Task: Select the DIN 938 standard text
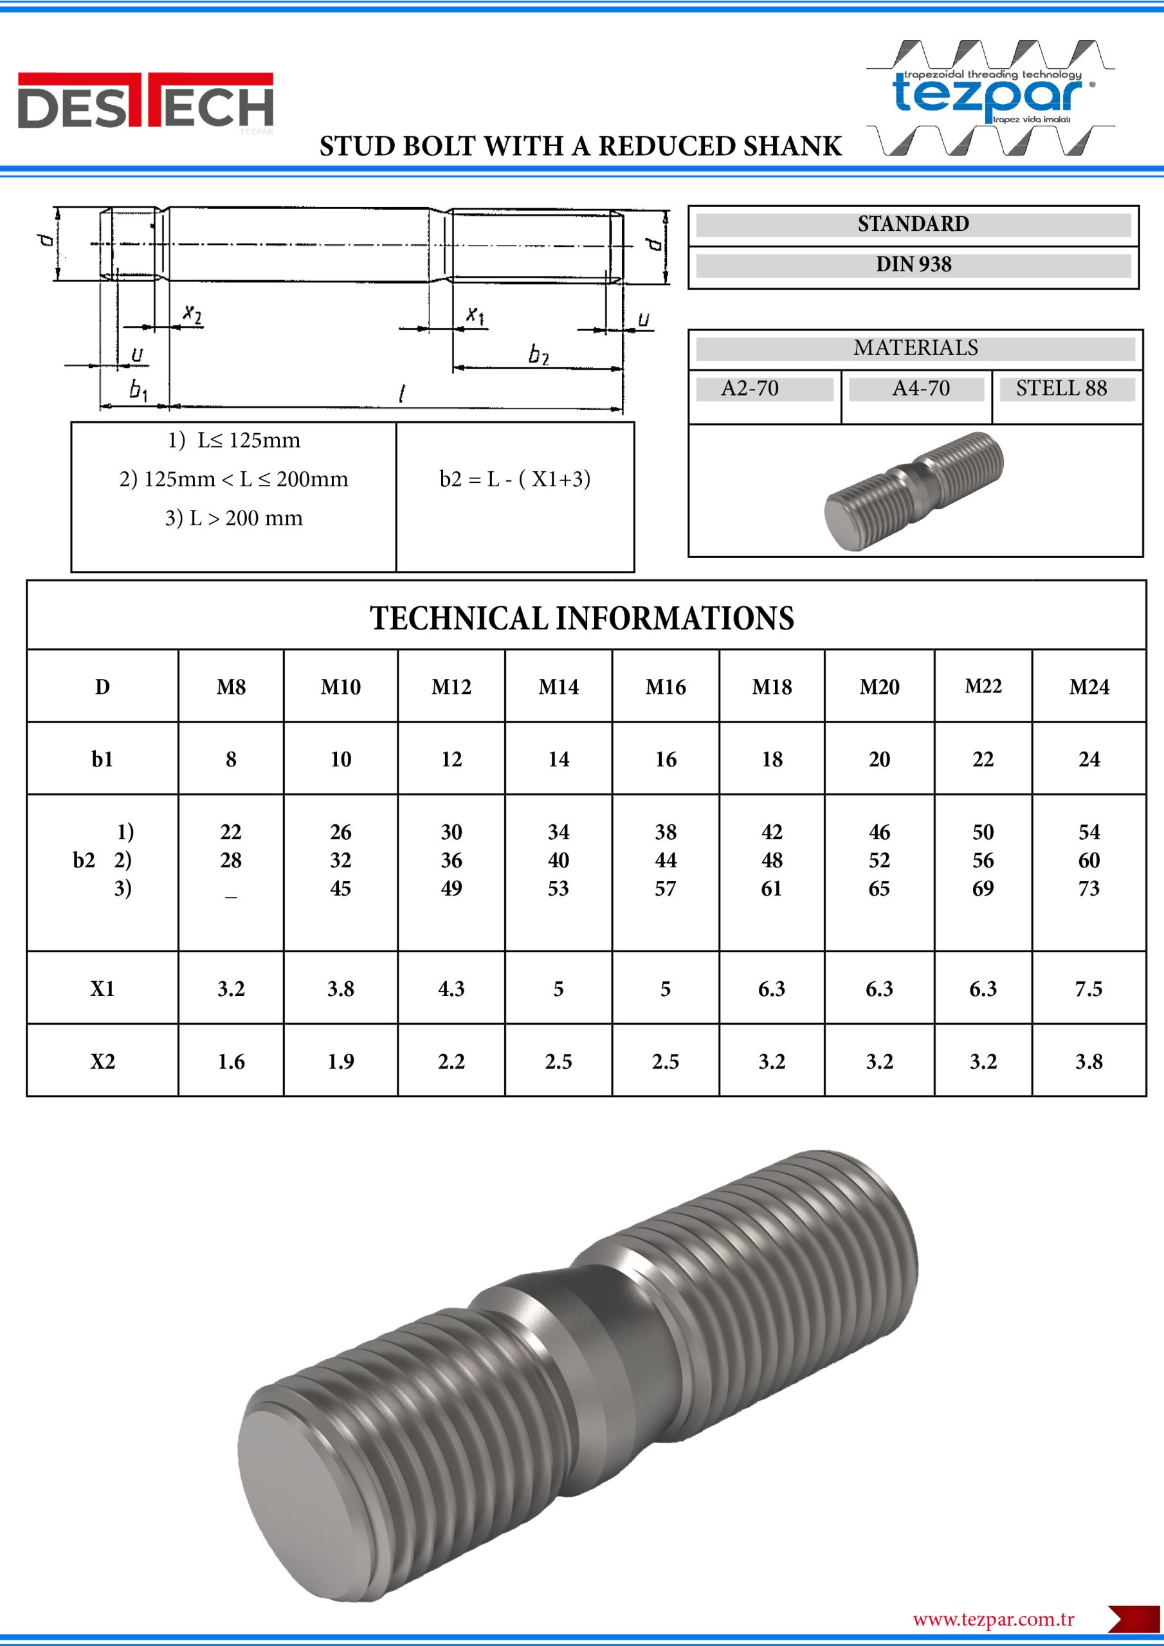913,264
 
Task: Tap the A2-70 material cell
749,388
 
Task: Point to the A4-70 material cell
920,388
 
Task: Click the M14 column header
558,687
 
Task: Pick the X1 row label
102,989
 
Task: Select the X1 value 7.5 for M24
1088,989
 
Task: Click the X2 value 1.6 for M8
231,1061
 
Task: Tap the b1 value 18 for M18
772,759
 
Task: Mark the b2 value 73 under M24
1088,888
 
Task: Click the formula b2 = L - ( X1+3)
515,479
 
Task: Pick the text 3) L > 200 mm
234,518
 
